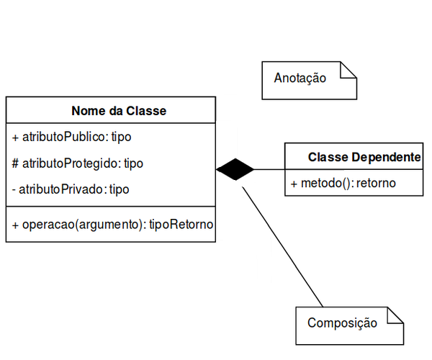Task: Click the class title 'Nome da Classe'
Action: (119, 111)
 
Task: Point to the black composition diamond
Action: (235, 170)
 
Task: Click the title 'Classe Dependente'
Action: (364, 157)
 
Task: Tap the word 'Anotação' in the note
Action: (300, 78)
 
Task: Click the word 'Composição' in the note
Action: (342, 323)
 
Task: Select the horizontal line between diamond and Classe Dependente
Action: (269, 170)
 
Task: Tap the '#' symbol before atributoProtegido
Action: (16, 163)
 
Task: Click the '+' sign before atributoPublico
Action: (16, 137)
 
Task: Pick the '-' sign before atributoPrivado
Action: (14, 189)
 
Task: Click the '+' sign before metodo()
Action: (294, 184)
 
